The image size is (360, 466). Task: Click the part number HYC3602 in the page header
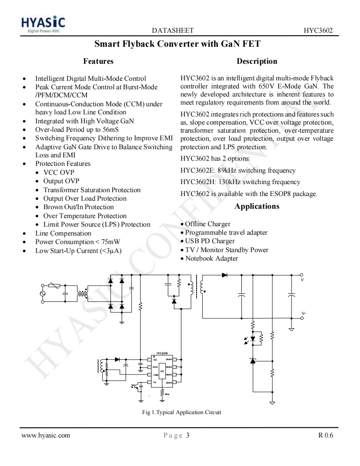coord(318,31)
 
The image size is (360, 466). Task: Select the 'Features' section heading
coord(98,61)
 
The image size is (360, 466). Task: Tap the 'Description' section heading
coord(257,61)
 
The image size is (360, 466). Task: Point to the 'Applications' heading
coord(257,206)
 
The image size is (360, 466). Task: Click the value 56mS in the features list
coord(110,130)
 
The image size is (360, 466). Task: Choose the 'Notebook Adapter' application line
coord(211,259)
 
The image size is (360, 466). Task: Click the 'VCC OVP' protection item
coord(59,172)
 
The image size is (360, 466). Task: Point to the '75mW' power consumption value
coord(111,242)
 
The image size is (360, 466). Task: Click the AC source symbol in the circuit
coord(43,293)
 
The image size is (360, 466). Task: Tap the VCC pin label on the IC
coord(155,360)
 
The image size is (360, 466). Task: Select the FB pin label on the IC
coord(154,382)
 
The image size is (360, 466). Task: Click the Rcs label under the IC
coord(167,394)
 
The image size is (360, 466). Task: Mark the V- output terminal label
coord(303,313)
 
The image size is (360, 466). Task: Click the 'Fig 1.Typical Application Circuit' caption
coord(182,412)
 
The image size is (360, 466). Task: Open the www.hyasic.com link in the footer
coord(46,435)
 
